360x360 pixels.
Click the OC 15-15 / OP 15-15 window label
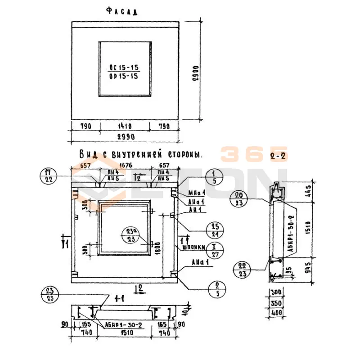[x=124, y=72]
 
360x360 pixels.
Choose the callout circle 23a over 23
[x=130, y=235]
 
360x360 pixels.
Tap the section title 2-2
[x=279, y=157]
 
